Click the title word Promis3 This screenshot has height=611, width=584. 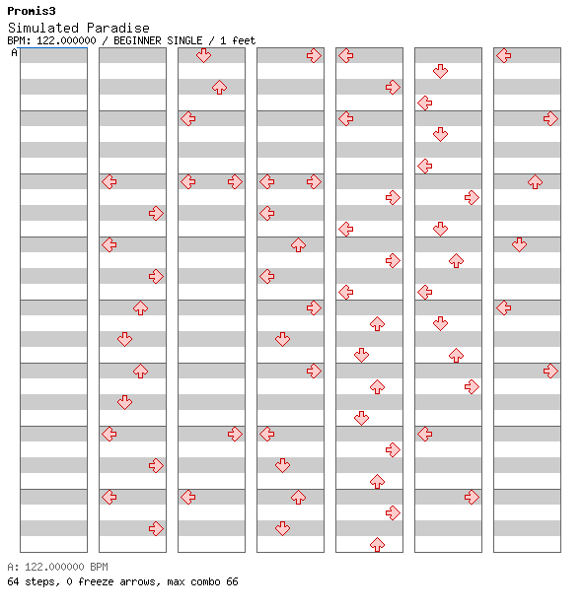[x=32, y=11]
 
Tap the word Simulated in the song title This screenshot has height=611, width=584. [x=43, y=28]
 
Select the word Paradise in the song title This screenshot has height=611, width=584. [x=118, y=28]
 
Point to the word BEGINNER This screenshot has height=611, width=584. [x=137, y=40]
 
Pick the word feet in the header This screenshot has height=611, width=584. [x=244, y=40]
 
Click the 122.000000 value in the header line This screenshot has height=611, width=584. [x=66, y=40]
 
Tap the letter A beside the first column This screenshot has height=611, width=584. [x=15, y=52]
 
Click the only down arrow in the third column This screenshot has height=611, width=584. [x=203, y=56]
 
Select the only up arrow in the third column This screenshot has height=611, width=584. [x=220, y=88]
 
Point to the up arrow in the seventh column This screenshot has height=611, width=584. [x=535, y=182]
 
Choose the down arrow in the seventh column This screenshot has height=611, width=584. [x=519, y=244]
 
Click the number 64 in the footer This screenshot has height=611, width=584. [x=13, y=581]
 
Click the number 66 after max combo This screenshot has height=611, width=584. [x=232, y=581]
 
